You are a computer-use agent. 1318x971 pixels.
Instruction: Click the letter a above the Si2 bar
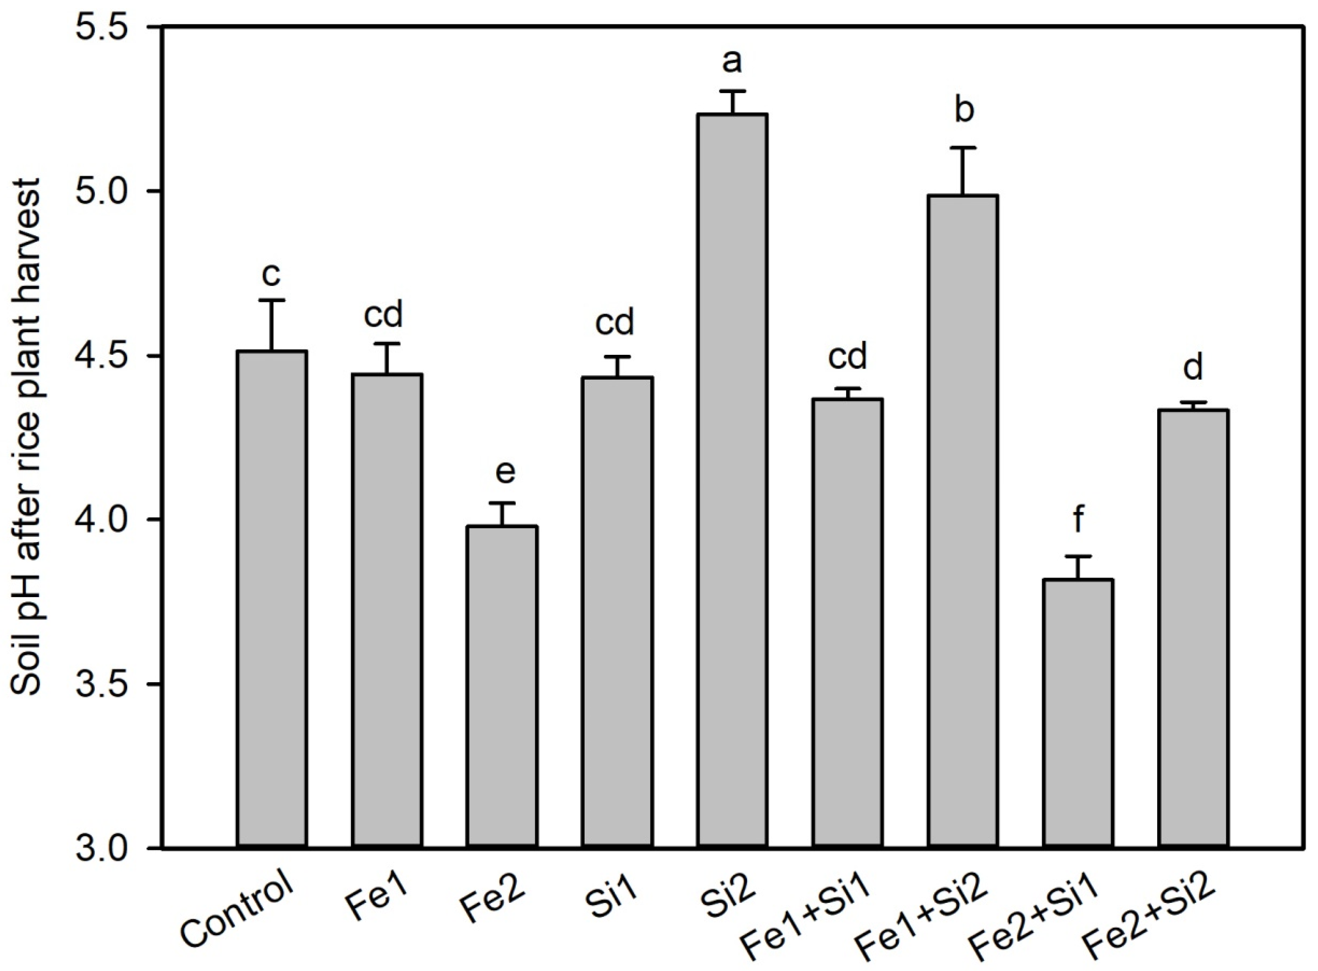click(x=732, y=61)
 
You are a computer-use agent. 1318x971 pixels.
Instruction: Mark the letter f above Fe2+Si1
click(x=1078, y=519)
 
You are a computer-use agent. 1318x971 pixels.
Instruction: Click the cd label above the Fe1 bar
click(x=383, y=315)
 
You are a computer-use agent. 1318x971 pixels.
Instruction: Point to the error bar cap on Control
click(x=272, y=300)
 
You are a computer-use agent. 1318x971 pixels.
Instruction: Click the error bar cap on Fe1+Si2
click(x=963, y=148)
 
